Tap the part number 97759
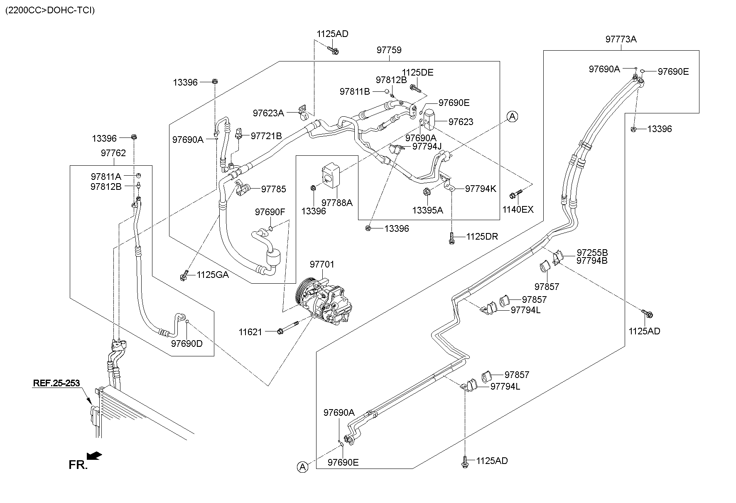point(389,50)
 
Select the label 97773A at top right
point(621,39)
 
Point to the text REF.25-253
point(56,383)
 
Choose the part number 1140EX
point(518,210)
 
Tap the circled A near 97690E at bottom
point(303,467)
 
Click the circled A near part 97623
point(513,117)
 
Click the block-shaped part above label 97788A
point(331,174)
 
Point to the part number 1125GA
point(212,275)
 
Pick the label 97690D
point(187,344)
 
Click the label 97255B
point(592,253)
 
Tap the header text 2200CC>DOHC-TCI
point(50,10)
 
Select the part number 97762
point(113,153)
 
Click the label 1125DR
point(482,237)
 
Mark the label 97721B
point(266,136)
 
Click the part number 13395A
point(427,210)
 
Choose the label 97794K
point(480,189)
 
